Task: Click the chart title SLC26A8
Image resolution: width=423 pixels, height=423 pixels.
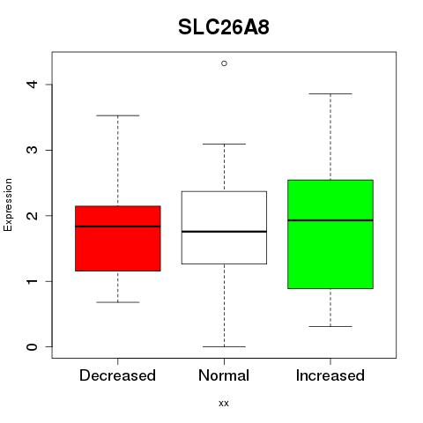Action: [x=224, y=27]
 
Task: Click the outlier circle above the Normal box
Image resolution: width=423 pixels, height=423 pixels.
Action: [x=224, y=63]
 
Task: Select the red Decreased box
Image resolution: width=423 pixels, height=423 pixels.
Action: [x=118, y=238]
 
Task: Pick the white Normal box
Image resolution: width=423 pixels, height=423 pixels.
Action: [x=224, y=227]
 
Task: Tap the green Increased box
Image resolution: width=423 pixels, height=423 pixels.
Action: [x=330, y=234]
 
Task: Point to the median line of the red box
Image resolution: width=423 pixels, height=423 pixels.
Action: [x=118, y=226]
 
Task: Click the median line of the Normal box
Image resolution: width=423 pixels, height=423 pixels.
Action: [x=224, y=232]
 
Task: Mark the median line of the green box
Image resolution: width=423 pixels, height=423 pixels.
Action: [x=330, y=220]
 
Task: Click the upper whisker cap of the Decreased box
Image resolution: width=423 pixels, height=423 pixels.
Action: [x=118, y=115]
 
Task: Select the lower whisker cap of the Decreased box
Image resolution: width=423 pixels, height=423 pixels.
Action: [x=118, y=302]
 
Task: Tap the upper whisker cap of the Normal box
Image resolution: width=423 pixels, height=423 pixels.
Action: [x=224, y=145]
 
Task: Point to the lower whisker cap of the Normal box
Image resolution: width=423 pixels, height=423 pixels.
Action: [x=224, y=347]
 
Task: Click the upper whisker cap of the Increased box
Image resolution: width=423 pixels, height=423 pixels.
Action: [x=330, y=94]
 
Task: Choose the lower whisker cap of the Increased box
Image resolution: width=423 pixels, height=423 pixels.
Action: [x=330, y=327]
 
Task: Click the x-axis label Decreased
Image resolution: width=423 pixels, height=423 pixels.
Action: [x=117, y=375]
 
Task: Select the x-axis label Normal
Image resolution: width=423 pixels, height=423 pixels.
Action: [x=224, y=375]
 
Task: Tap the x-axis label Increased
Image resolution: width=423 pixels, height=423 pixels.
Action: [x=330, y=375]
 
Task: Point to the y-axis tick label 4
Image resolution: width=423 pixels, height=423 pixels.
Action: [x=33, y=85]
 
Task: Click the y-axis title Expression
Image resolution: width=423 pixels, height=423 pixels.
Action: [x=8, y=204]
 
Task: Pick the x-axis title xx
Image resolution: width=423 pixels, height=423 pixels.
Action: [x=224, y=404]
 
